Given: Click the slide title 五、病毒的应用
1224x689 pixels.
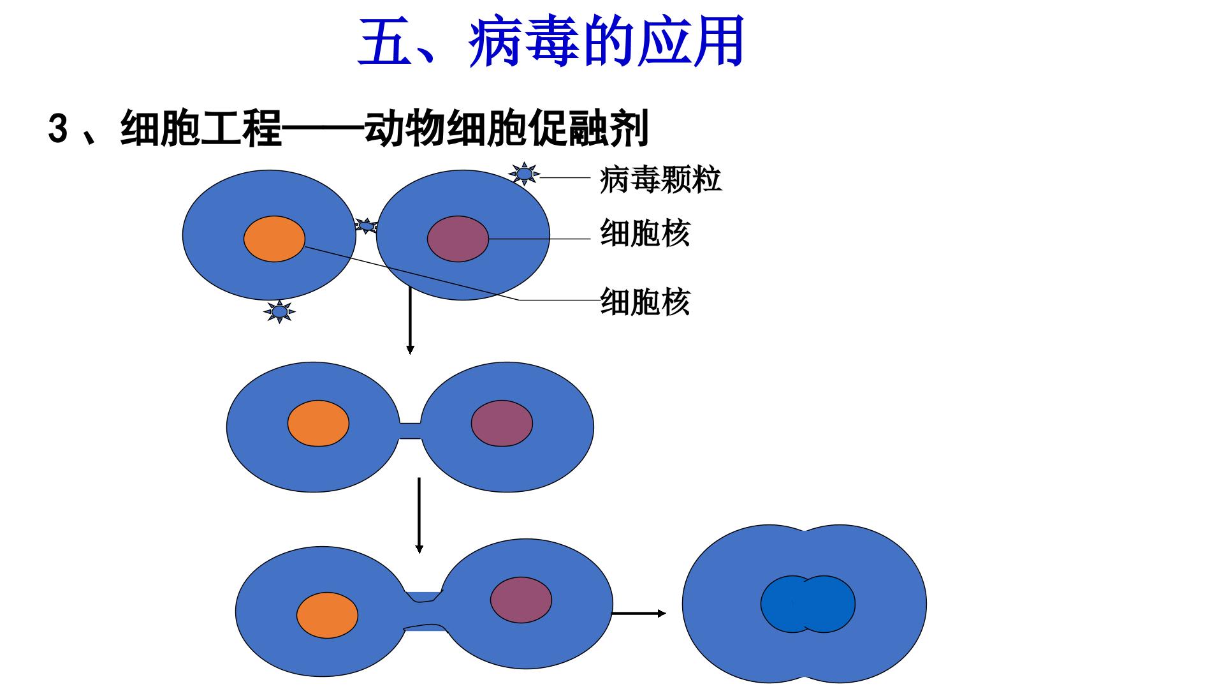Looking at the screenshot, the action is pyautogui.click(x=551, y=42).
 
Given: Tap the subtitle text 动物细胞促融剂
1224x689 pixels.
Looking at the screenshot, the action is pyautogui.click(x=507, y=129).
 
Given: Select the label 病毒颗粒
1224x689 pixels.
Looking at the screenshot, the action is pyautogui.click(x=660, y=179).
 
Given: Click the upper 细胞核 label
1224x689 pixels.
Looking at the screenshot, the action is pyautogui.click(x=645, y=233).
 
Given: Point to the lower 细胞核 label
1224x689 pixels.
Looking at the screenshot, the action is pyautogui.click(x=645, y=302).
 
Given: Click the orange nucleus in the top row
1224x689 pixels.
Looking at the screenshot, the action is pyautogui.click(x=274, y=239).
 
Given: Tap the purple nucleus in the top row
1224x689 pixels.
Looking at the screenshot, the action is pyautogui.click(x=458, y=239).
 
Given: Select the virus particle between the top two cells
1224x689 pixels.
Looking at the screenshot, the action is pyautogui.click(x=366, y=226).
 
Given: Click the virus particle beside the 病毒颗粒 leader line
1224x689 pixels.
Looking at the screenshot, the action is pyautogui.click(x=524, y=174).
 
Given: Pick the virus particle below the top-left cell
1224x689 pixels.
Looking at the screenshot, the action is pyautogui.click(x=279, y=311).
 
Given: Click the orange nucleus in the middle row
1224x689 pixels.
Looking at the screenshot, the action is pyautogui.click(x=318, y=424).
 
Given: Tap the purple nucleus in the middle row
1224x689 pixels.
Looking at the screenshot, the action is pyautogui.click(x=502, y=424).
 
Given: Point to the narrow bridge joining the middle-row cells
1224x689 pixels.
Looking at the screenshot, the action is pyautogui.click(x=410, y=431).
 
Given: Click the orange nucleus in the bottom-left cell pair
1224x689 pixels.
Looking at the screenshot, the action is pyautogui.click(x=327, y=616).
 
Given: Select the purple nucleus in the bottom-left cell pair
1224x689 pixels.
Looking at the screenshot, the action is pyautogui.click(x=521, y=600).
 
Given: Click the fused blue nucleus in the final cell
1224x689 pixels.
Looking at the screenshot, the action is pyautogui.click(x=808, y=604).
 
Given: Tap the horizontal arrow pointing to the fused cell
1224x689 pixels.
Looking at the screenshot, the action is pyautogui.click(x=639, y=614).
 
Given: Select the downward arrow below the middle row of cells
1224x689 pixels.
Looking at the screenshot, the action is pyautogui.click(x=419, y=515).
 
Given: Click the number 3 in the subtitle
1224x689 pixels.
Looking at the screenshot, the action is pyautogui.click(x=58, y=130).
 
